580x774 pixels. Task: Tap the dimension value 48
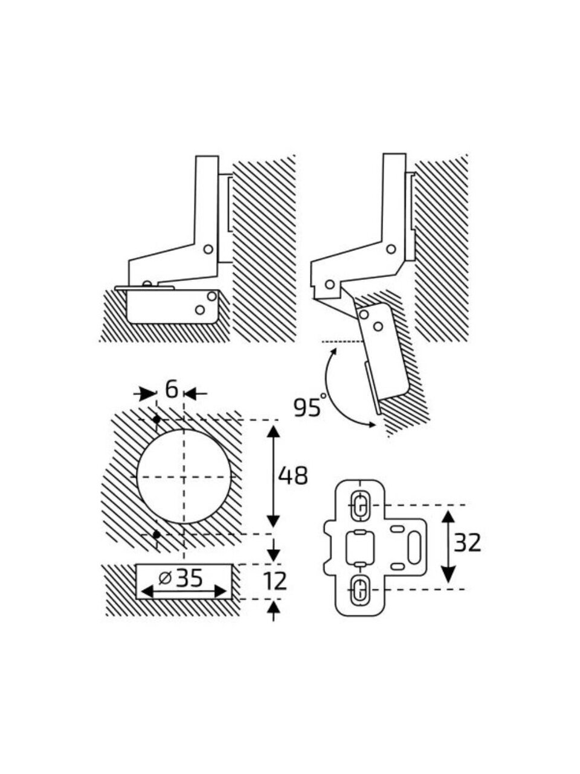[x=293, y=476]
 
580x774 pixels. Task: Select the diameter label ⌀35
[x=182, y=579]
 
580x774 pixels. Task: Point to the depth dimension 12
[x=275, y=582]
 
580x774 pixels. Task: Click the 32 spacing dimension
[x=468, y=544]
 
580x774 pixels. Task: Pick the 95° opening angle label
[x=309, y=407]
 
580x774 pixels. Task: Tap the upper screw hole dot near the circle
[x=156, y=419]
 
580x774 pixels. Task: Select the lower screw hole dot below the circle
[x=156, y=534]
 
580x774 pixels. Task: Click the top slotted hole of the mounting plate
[x=359, y=504]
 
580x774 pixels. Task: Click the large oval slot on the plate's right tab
[x=415, y=547]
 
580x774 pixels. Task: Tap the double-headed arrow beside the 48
[x=273, y=476]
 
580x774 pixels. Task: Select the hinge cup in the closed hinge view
[x=172, y=307]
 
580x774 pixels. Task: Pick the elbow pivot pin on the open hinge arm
[x=391, y=249]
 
